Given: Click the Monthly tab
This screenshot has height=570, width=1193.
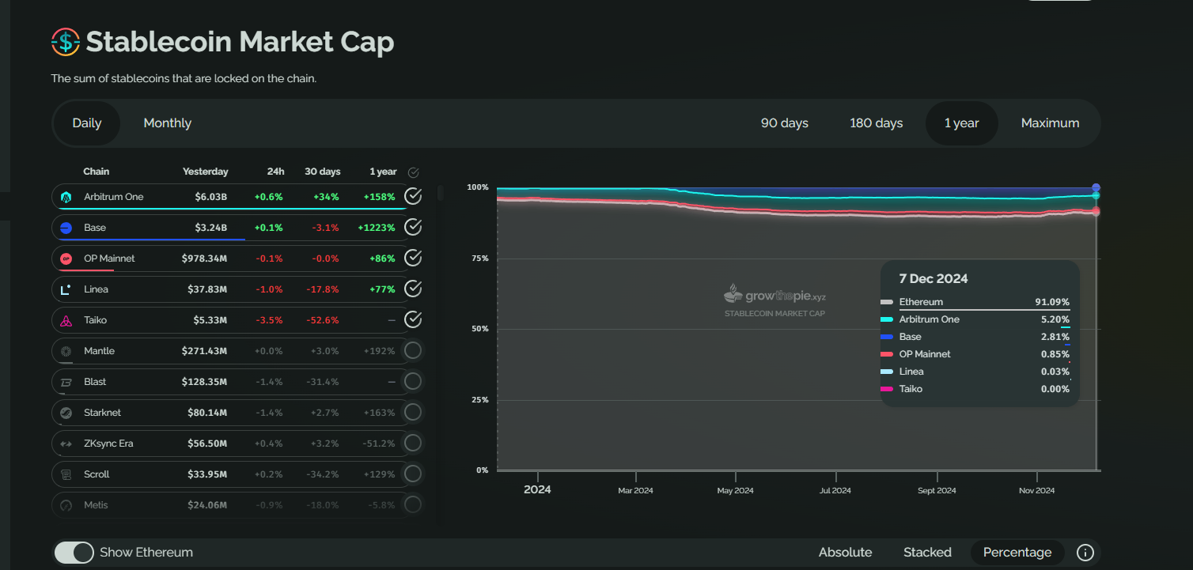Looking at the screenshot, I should (167, 123).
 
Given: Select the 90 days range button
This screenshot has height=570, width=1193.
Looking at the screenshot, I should (784, 123).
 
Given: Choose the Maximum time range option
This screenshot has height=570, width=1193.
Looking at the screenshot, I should (1050, 123).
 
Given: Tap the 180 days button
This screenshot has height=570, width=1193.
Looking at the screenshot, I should (876, 123).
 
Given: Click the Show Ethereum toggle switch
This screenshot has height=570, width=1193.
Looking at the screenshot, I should (74, 553).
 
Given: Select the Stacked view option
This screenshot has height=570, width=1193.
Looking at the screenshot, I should (927, 553).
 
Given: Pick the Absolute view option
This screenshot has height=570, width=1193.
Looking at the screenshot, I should (845, 553).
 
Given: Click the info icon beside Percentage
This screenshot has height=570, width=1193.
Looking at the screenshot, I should (1085, 553).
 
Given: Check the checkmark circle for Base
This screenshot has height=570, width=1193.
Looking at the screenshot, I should (413, 228).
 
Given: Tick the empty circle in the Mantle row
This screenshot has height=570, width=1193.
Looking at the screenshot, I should (413, 351).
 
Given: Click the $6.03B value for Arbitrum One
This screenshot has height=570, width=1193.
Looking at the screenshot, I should (211, 197).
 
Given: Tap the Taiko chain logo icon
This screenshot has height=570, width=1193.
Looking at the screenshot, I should (66, 320).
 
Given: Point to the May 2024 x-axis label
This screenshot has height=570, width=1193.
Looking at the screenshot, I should (735, 491).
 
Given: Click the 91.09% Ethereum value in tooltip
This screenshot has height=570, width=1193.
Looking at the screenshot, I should (1052, 302).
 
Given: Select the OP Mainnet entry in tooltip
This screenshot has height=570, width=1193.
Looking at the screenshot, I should (925, 354).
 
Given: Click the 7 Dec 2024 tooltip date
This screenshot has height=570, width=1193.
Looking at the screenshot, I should (934, 279).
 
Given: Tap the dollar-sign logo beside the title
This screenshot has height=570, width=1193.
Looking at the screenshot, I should (66, 42).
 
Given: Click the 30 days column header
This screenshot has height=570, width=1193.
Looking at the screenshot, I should (323, 172).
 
